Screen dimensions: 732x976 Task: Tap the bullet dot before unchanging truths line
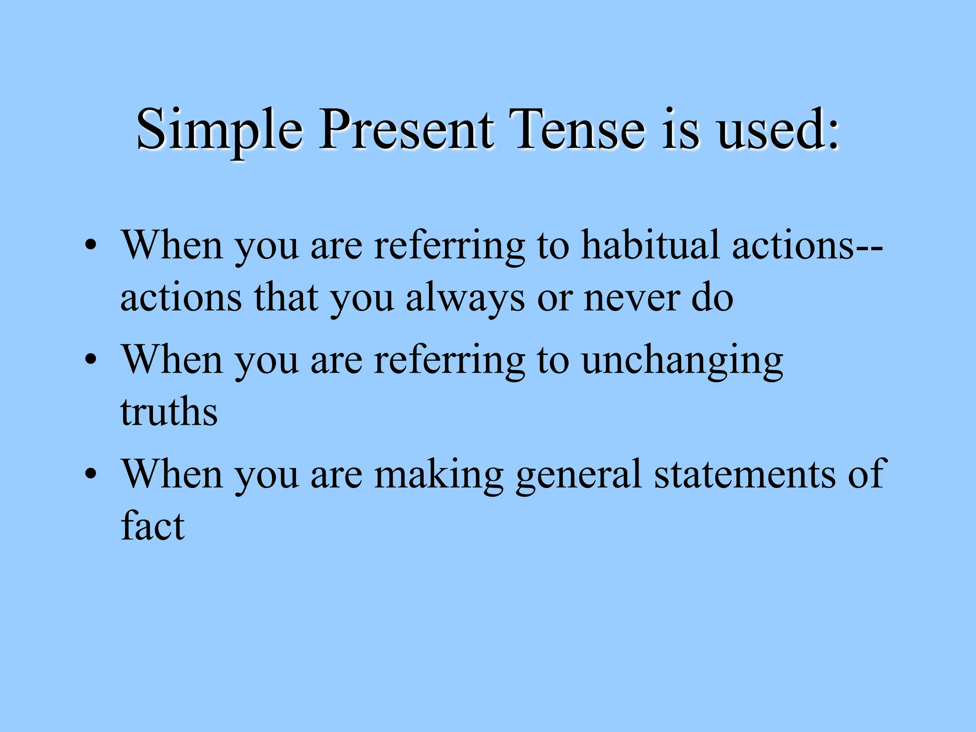click(x=91, y=361)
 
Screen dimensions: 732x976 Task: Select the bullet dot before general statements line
click(x=91, y=475)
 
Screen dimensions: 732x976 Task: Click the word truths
click(x=169, y=412)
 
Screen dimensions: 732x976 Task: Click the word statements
click(x=744, y=475)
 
